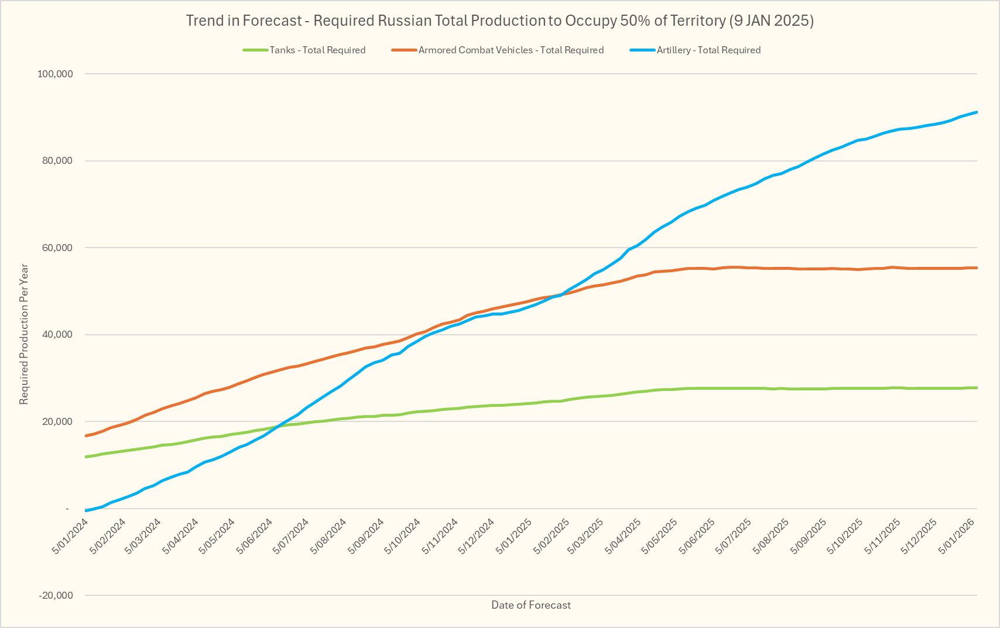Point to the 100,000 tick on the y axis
tap(54, 74)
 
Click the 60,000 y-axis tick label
tap(57, 248)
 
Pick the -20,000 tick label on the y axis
tap(56, 595)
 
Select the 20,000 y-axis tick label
tap(57, 421)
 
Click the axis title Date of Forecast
tap(531, 605)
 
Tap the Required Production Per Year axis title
tap(24, 334)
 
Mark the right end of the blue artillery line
tap(977, 112)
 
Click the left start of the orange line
tap(86, 435)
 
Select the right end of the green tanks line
tap(977, 387)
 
